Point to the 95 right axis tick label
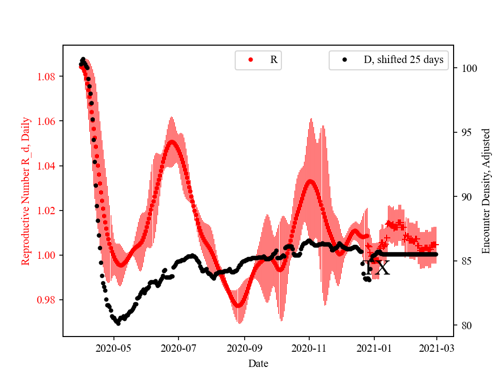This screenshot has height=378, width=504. tap(464, 132)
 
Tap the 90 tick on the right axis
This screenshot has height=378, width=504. tap(464, 197)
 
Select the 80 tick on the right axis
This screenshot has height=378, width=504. tap(464, 325)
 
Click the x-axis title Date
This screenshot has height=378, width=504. tap(258, 363)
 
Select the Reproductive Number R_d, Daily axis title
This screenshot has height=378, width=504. tap(26, 191)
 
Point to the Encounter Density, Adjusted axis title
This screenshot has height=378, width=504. tap(486, 191)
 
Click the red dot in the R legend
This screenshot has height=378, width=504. tap(250, 60)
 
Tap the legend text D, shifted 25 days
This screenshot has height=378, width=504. tap(403, 60)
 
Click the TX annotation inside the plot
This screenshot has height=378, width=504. tap(377, 267)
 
